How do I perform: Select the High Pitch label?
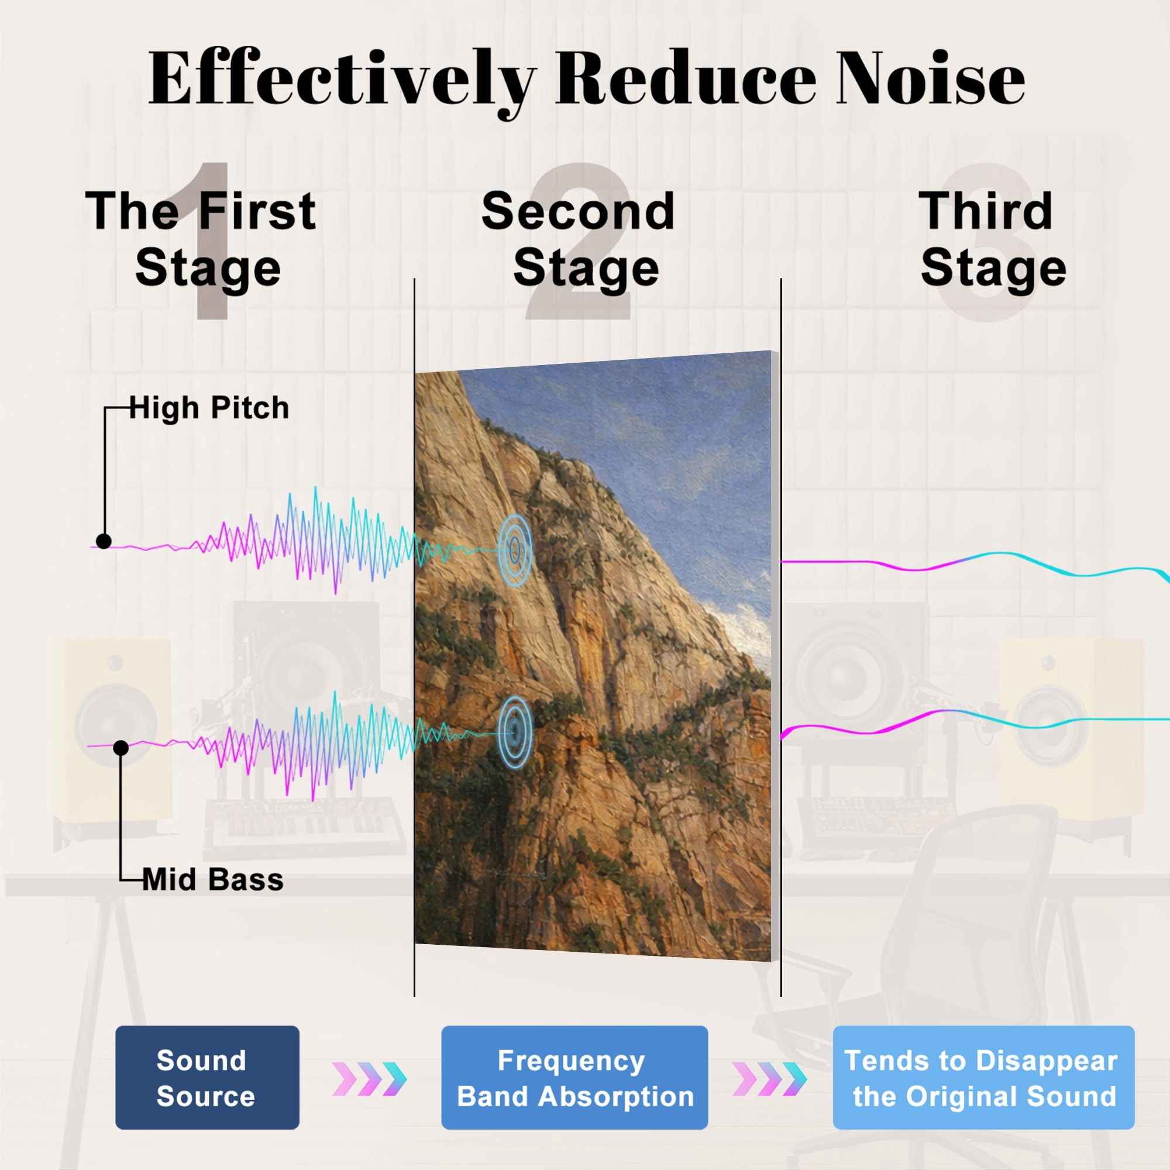tap(209, 408)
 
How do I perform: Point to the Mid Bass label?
tap(212, 879)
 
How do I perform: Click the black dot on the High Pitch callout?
tap(104, 541)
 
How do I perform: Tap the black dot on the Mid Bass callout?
tap(121, 749)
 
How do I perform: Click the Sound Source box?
tap(207, 1078)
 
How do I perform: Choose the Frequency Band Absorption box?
tap(574, 1078)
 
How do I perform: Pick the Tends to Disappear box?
tap(983, 1078)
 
